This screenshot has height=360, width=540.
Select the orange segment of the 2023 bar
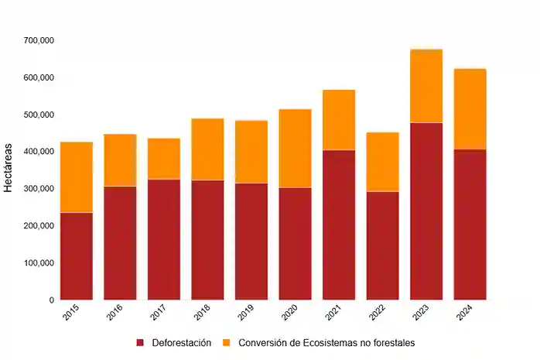point(426,86)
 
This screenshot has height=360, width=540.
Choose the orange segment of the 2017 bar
point(163,159)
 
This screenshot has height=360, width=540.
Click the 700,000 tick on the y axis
point(38,40)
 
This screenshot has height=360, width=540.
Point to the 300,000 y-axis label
point(38,189)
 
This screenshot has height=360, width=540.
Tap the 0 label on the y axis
point(51,300)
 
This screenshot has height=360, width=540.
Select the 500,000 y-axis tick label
point(38,115)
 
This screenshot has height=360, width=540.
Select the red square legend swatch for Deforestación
point(141,342)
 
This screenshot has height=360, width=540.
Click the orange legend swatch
point(227,342)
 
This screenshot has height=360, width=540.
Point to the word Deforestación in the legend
point(182,342)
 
